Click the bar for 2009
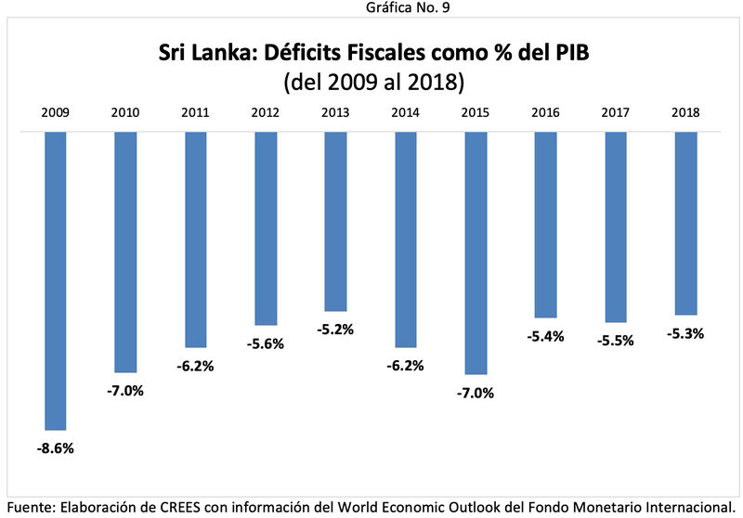coord(55,280)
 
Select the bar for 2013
coord(336,221)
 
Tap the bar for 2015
coord(476,253)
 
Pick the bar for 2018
coord(686,223)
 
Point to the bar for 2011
coord(196,240)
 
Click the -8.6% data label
coord(55,448)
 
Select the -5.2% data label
coord(336,330)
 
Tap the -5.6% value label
coord(266,343)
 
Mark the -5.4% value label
coord(546,336)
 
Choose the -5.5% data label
coord(617,341)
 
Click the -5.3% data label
coord(686,334)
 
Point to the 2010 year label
coord(125,112)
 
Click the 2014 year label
coord(406,112)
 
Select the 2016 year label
coord(546,112)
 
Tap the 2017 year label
coord(617,112)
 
